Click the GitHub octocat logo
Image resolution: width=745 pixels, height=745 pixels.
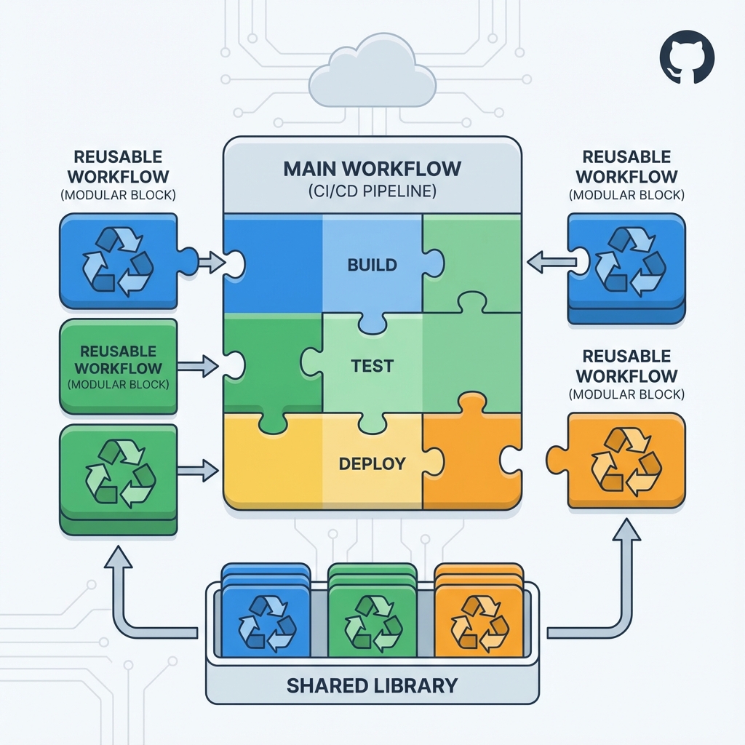tap(687, 61)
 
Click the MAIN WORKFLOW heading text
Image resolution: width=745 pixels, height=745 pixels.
tap(372, 168)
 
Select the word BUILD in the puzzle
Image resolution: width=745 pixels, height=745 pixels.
tap(372, 265)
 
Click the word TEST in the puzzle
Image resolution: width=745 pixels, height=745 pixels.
tap(372, 366)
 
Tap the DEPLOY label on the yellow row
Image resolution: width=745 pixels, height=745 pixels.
tap(372, 463)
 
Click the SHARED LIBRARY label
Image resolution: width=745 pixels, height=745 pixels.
tap(372, 685)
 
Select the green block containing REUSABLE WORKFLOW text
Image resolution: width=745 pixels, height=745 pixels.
tap(118, 366)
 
